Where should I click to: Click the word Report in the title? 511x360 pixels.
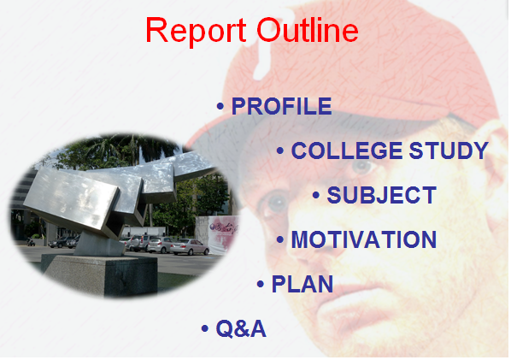pyautogui.click(x=196, y=31)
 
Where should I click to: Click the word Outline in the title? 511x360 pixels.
pyautogui.click(x=308, y=30)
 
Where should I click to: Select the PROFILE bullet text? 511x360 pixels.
pyautogui.click(x=282, y=106)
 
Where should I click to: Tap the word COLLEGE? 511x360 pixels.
pyautogui.click(x=347, y=150)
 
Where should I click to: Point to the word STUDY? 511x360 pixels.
pyautogui.click(x=449, y=150)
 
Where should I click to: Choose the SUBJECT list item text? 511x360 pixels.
pyautogui.click(x=382, y=195)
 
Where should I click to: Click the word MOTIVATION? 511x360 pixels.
pyautogui.click(x=364, y=239)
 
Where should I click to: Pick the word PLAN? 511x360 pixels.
pyautogui.click(x=302, y=284)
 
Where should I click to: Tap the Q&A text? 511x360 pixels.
pyautogui.click(x=241, y=328)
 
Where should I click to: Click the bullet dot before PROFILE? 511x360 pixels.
pyautogui.click(x=220, y=106)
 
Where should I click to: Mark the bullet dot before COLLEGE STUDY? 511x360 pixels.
pyautogui.click(x=280, y=150)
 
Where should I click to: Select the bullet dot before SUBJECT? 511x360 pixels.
pyautogui.click(x=316, y=195)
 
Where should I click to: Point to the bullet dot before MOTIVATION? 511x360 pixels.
pyautogui.click(x=280, y=239)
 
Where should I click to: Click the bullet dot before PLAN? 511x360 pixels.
pyautogui.click(x=261, y=284)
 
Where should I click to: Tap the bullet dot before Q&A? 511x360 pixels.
pyautogui.click(x=205, y=328)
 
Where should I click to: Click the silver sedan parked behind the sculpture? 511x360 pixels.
pyautogui.click(x=190, y=247)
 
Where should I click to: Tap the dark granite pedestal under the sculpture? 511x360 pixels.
pyautogui.click(x=101, y=275)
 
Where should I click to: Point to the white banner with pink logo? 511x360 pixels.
pyautogui.click(x=217, y=234)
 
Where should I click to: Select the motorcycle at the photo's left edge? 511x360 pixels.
pyautogui.click(x=31, y=242)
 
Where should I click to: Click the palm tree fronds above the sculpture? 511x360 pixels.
pyautogui.click(x=124, y=149)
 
